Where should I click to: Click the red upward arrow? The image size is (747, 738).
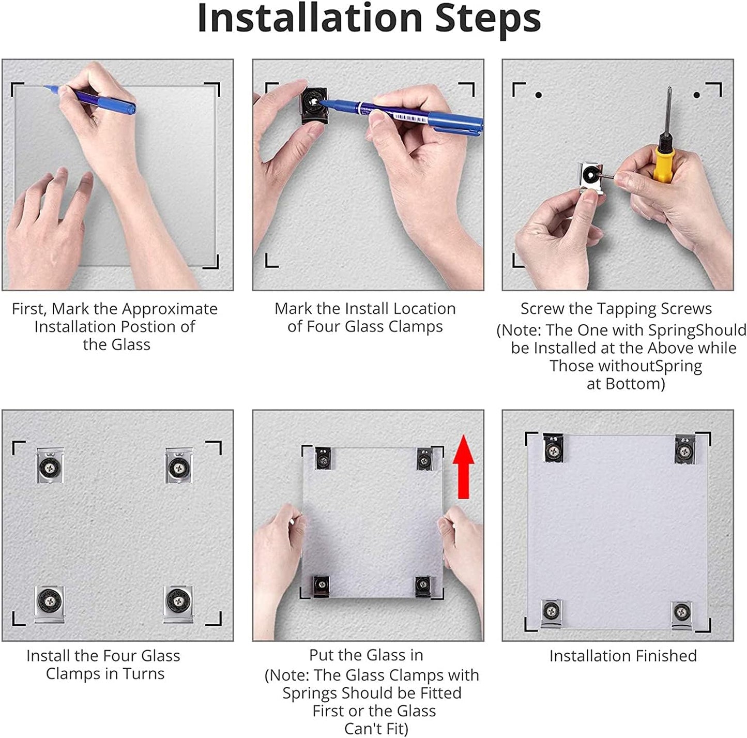[x=463, y=467]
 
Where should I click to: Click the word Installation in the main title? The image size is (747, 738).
[x=310, y=18]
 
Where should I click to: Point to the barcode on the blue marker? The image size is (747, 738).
[x=410, y=117]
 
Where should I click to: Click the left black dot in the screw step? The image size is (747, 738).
[x=539, y=95]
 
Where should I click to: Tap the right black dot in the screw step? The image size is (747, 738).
[x=697, y=95]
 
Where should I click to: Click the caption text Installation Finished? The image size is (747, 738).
[x=623, y=656]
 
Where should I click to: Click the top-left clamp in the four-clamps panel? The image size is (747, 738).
[x=50, y=465]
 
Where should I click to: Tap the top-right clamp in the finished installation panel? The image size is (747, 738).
[x=684, y=449]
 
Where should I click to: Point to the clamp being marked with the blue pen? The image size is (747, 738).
[x=314, y=104]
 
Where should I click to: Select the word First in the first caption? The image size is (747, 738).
[x=28, y=309]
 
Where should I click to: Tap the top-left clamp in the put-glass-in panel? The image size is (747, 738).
[x=323, y=458]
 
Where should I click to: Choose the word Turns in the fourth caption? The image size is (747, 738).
[x=144, y=674]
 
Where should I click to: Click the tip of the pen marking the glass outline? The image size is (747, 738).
[x=44, y=86]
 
